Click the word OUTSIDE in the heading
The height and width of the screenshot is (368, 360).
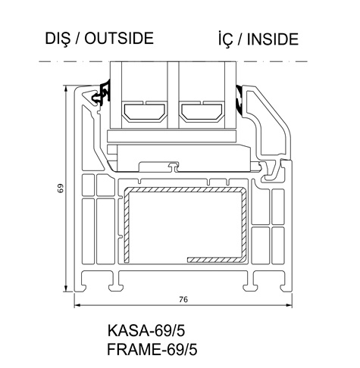[119, 39]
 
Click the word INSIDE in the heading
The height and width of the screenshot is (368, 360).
[273, 39]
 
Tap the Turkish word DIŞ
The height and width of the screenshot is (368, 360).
[58, 39]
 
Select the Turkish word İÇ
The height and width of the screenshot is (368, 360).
[225, 39]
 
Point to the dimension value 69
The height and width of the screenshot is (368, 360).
[61, 189]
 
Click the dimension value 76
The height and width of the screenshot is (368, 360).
[183, 299]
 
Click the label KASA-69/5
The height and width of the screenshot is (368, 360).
[146, 330]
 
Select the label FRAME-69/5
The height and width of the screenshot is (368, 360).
[152, 350]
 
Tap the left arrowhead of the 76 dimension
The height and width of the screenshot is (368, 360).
[77, 305]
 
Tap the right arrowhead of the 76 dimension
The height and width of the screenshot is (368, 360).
[289, 305]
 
